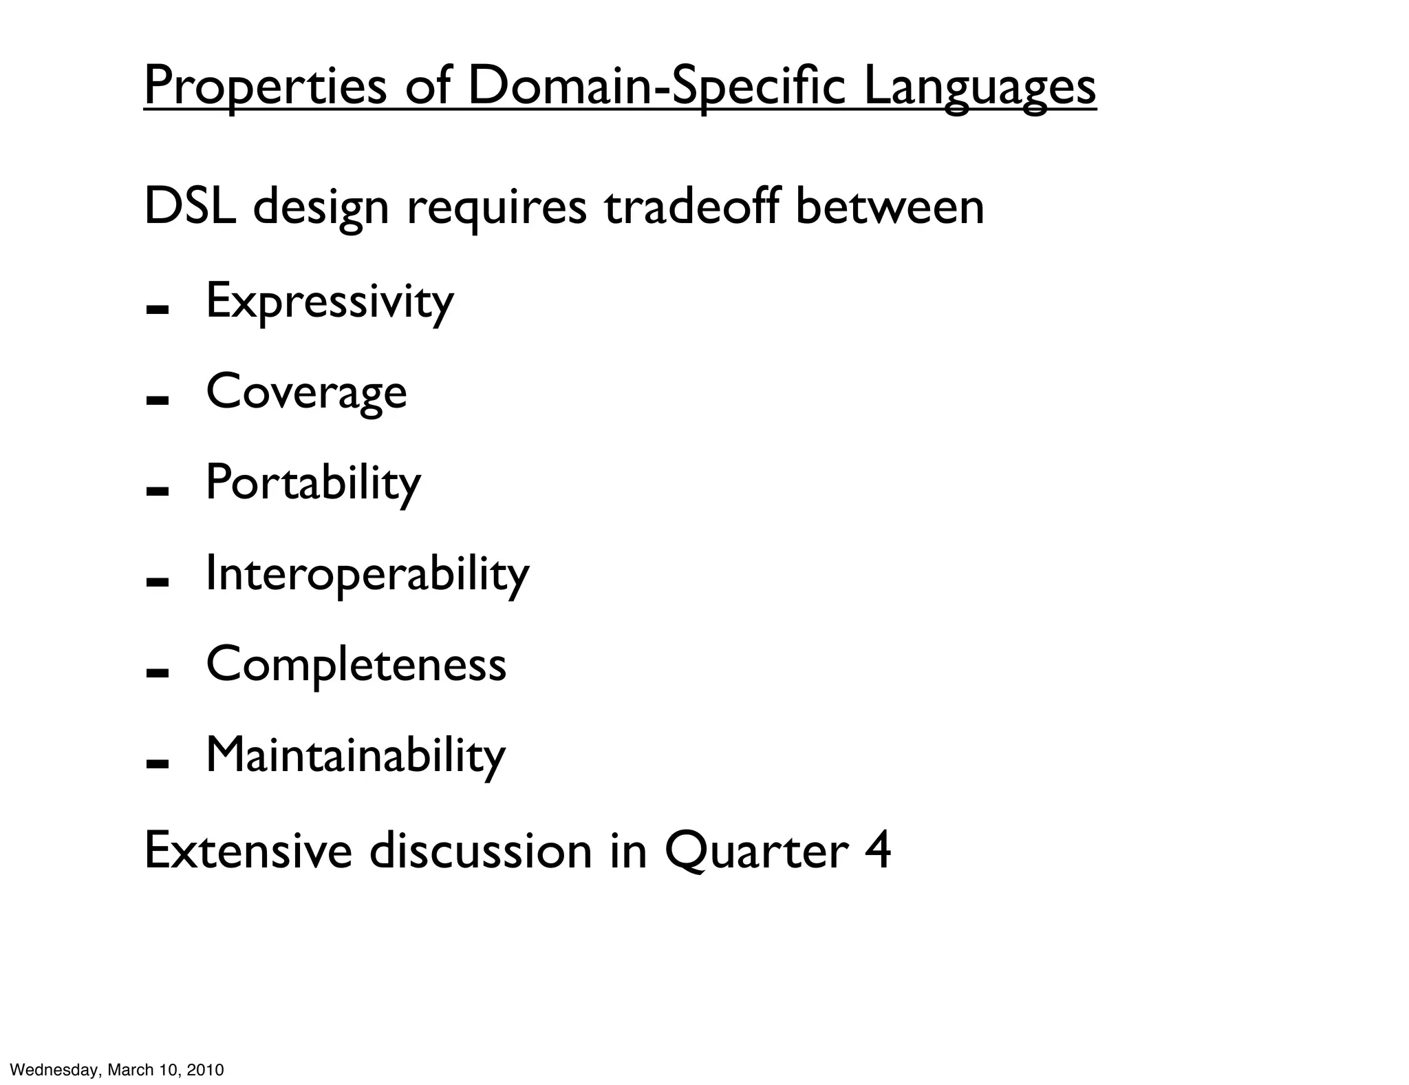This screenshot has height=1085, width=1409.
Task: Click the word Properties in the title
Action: [x=265, y=87]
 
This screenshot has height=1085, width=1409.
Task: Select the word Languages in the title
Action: [x=980, y=87]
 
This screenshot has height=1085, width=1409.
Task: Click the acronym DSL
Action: [x=190, y=206]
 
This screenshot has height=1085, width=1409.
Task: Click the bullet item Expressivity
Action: [x=330, y=302]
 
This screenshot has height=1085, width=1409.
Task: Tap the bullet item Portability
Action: [x=313, y=483]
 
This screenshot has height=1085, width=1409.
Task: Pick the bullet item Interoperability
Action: [x=367, y=573]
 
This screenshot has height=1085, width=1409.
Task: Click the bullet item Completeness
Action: [x=356, y=664]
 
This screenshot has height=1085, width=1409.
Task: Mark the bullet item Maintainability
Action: [x=356, y=755]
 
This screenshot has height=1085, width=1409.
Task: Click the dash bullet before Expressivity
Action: [x=158, y=310]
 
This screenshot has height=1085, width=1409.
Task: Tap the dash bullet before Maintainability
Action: [x=158, y=763]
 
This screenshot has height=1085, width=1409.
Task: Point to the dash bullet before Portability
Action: [x=158, y=492]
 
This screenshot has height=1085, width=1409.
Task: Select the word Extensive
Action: [x=248, y=851]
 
